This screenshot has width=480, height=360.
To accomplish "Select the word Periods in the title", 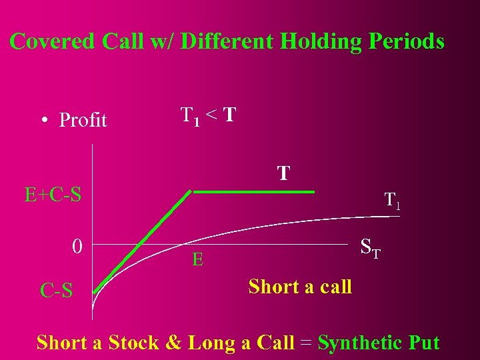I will [406, 41].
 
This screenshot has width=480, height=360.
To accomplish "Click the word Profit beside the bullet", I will [83, 120].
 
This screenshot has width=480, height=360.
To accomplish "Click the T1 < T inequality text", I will [207, 115].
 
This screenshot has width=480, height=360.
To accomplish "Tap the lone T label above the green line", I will [283, 174].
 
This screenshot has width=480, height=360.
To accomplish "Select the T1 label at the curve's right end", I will [393, 200].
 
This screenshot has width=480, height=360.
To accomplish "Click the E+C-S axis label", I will [53, 195].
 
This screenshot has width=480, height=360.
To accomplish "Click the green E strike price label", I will [197, 259].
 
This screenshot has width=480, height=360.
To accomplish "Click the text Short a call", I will [300, 287].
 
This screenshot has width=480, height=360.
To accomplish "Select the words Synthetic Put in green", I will [379, 343].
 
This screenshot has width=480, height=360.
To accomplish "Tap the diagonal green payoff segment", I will [142, 242].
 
